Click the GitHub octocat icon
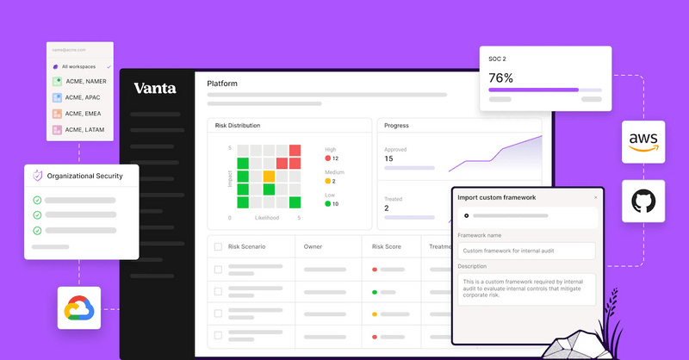[642, 202]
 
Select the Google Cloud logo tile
[78, 307]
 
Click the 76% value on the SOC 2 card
[501, 78]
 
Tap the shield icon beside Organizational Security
[37, 176]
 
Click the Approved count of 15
[389, 158]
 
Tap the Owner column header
[313, 247]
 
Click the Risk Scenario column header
[247, 247]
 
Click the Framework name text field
[526, 251]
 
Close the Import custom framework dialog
[595, 197]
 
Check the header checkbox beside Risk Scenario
[217, 247]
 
